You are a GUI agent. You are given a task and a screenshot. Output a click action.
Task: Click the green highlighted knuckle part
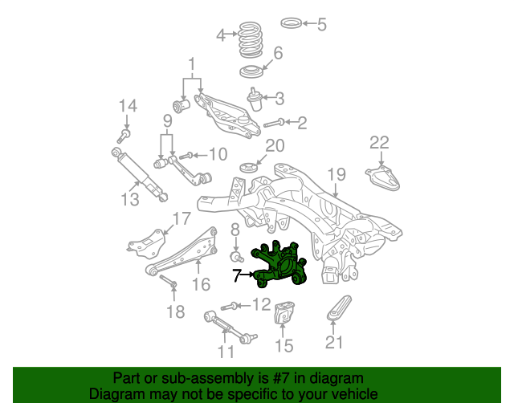(279, 265)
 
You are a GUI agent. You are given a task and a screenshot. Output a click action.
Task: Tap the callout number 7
(237, 275)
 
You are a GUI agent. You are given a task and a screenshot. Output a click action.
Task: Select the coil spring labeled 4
(251, 40)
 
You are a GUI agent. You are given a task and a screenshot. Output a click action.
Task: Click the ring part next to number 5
(291, 23)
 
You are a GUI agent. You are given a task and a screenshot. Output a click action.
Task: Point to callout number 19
(337, 174)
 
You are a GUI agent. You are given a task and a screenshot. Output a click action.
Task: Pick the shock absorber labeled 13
(139, 175)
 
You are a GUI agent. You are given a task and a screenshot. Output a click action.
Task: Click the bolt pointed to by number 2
(274, 124)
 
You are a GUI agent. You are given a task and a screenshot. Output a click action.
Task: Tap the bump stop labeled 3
(255, 99)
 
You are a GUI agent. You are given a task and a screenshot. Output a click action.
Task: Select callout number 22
(379, 143)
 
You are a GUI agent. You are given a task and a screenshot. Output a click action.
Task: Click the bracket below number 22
(383, 178)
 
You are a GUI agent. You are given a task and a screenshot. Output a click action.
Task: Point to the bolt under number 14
(123, 136)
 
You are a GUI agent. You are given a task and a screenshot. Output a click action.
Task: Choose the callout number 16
(201, 284)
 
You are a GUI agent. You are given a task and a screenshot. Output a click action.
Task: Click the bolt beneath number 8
(236, 257)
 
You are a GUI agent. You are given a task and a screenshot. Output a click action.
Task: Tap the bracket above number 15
(284, 312)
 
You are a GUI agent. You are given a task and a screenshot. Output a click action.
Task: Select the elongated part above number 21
(339, 307)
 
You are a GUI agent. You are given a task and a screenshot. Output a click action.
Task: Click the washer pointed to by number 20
(248, 168)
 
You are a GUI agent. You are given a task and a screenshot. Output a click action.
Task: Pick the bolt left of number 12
(229, 307)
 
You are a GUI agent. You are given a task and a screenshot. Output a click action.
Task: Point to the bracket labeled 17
(147, 244)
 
